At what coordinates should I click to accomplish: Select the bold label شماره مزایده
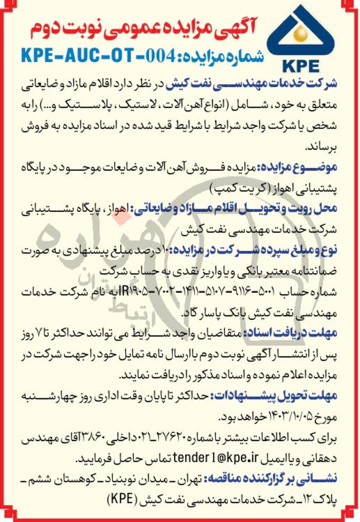[x=227, y=56]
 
